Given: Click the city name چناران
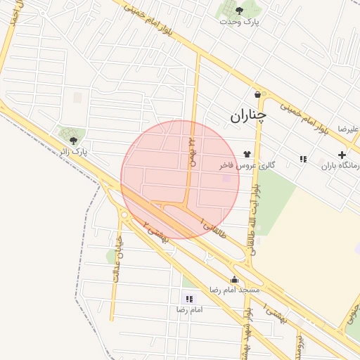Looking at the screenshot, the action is coord(248,115).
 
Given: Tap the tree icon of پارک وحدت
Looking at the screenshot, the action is coord(239,10).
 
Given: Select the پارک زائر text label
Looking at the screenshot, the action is coord(73,152).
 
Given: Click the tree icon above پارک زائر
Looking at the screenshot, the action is coord(73,141).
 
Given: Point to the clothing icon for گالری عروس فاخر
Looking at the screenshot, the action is coord(247,154).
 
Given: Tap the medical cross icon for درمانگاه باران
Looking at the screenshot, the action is coord(342,155).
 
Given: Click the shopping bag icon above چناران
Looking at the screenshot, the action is coord(258,94).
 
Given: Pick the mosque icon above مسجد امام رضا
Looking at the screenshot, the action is coord(234,279).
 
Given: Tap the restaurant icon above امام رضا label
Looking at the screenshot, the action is coord(188,299).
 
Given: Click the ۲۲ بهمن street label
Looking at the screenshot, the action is coord(190,152).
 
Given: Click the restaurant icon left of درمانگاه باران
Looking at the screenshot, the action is coord(303,160).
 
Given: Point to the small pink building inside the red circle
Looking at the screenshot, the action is coord(226,179).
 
